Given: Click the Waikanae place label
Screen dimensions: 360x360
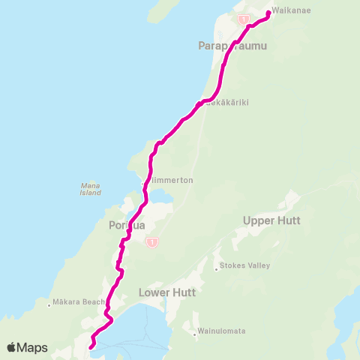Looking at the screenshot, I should click(x=287, y=11).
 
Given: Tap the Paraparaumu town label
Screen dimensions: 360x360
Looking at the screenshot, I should click(x=232, y=46).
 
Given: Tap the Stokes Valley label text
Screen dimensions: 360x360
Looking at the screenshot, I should click(x=244, y=265).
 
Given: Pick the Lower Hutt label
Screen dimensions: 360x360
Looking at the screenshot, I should click(x=167, y=292).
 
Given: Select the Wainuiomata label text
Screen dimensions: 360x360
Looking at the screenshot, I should click(x=222, y=331).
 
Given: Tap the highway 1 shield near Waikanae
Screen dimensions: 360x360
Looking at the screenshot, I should click(x=243, y=18).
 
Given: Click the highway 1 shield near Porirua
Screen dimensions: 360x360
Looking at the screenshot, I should click(x=152, y=242).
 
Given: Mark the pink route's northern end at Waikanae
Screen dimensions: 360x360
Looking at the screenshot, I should click(x=268, y=12).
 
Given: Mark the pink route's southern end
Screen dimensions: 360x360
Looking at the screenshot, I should click(x=91, y=346).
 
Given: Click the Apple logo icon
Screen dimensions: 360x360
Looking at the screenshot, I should click(x=12, y=347).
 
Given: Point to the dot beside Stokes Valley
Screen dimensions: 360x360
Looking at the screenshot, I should click(x=217, y=266).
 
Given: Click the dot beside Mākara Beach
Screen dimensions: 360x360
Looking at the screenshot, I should click(x=49, y=304).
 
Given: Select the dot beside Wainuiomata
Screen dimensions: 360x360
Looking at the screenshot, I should click(x=195, y=331).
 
